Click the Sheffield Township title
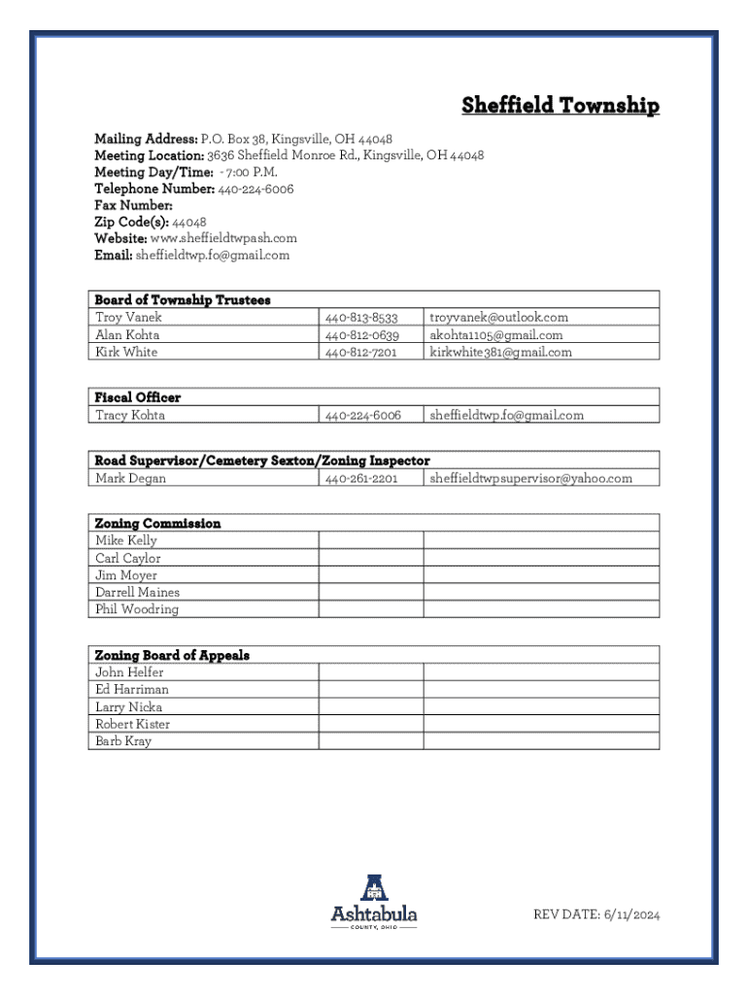click(561, 106)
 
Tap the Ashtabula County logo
click(374, 902)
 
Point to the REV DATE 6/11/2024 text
click(596, 914)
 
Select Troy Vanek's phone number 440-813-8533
click(361, 318)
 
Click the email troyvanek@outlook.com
click(498, 318)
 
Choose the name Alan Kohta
click(127, 335)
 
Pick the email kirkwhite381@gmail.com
click(500, 353)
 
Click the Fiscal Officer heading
click(138, 397)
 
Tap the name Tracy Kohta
click(130, 415)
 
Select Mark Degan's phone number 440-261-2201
click(361, 478)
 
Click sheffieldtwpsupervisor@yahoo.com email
click(530, 478)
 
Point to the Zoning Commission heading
click(157, 524)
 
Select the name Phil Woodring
click(137, 610)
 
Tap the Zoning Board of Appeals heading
click(172, 656)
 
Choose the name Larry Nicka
click(129, 707)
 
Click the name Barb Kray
click(123, 741)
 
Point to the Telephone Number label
click(154, 189)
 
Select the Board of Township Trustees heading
click(183, 300)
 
